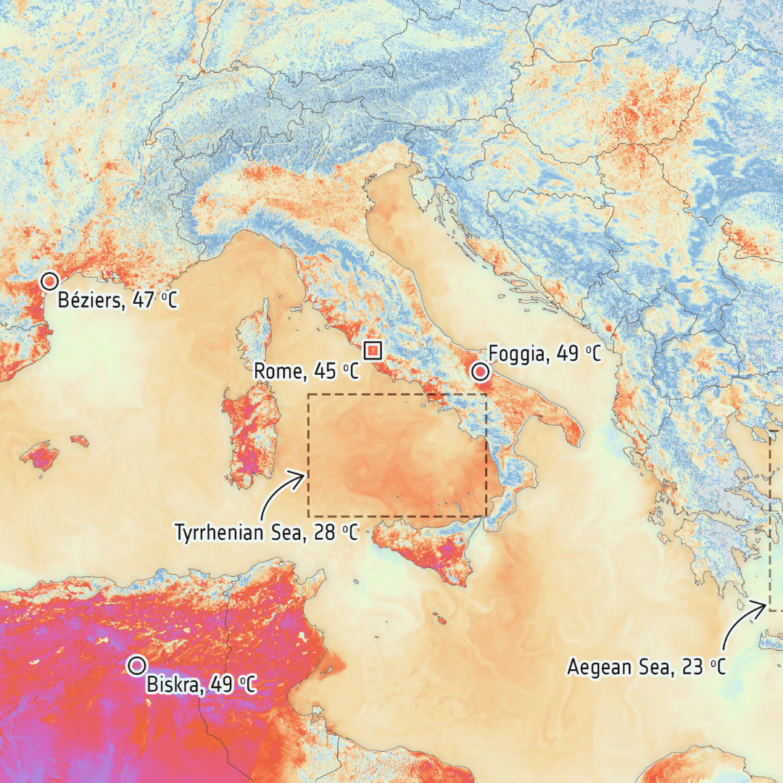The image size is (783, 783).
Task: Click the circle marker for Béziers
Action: point(49,281)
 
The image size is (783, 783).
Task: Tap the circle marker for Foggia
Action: point(479,372)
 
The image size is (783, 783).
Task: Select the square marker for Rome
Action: point(373,349)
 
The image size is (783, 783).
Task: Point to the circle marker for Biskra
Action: point(136,665)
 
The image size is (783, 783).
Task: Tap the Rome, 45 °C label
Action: point(306,372)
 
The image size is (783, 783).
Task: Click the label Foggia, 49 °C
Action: point(545,354)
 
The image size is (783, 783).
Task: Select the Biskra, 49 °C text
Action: point(201,684)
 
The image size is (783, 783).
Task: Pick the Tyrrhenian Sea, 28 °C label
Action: point(266,533)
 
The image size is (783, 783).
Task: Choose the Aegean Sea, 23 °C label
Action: point(646,667)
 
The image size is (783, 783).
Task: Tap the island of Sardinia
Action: point(252,435)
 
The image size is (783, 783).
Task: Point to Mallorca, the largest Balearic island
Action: point(39,456)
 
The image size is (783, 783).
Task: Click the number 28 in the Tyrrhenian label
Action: point(324,533)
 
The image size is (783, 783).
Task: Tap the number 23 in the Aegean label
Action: point(692,667)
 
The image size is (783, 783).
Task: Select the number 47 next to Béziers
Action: point(144,300)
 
